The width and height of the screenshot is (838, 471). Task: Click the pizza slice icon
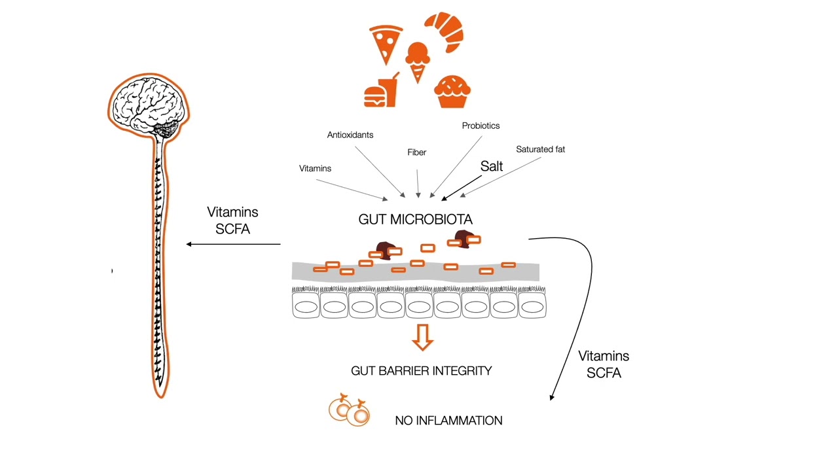(x=385, y=44)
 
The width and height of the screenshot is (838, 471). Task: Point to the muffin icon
(x=452, y=92)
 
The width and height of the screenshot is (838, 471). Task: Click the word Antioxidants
(x=350, y=135)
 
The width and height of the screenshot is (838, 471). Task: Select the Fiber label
(x=416, y=152)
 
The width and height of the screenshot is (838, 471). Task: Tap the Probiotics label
(x=481, y=126)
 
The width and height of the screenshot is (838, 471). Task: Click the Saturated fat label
(x=540, y=149)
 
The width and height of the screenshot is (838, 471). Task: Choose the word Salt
(x=492, y=166)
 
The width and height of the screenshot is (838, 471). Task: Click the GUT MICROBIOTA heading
(x=415, y=220)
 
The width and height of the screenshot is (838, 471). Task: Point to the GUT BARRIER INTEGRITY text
(x=421, y=371)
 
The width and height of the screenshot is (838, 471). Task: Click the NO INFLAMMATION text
(x=448, y=421)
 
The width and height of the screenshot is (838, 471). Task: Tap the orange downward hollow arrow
(x=422, y=337)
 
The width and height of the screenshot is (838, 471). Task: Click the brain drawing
(x=149, y=105)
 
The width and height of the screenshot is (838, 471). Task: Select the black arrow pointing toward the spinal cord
(x=233, y=244)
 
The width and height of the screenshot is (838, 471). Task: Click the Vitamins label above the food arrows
(x=315, y=169)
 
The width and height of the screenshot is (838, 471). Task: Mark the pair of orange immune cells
(x=350, y=411)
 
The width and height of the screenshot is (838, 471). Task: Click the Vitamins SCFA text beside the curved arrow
(x=603, y=364)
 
